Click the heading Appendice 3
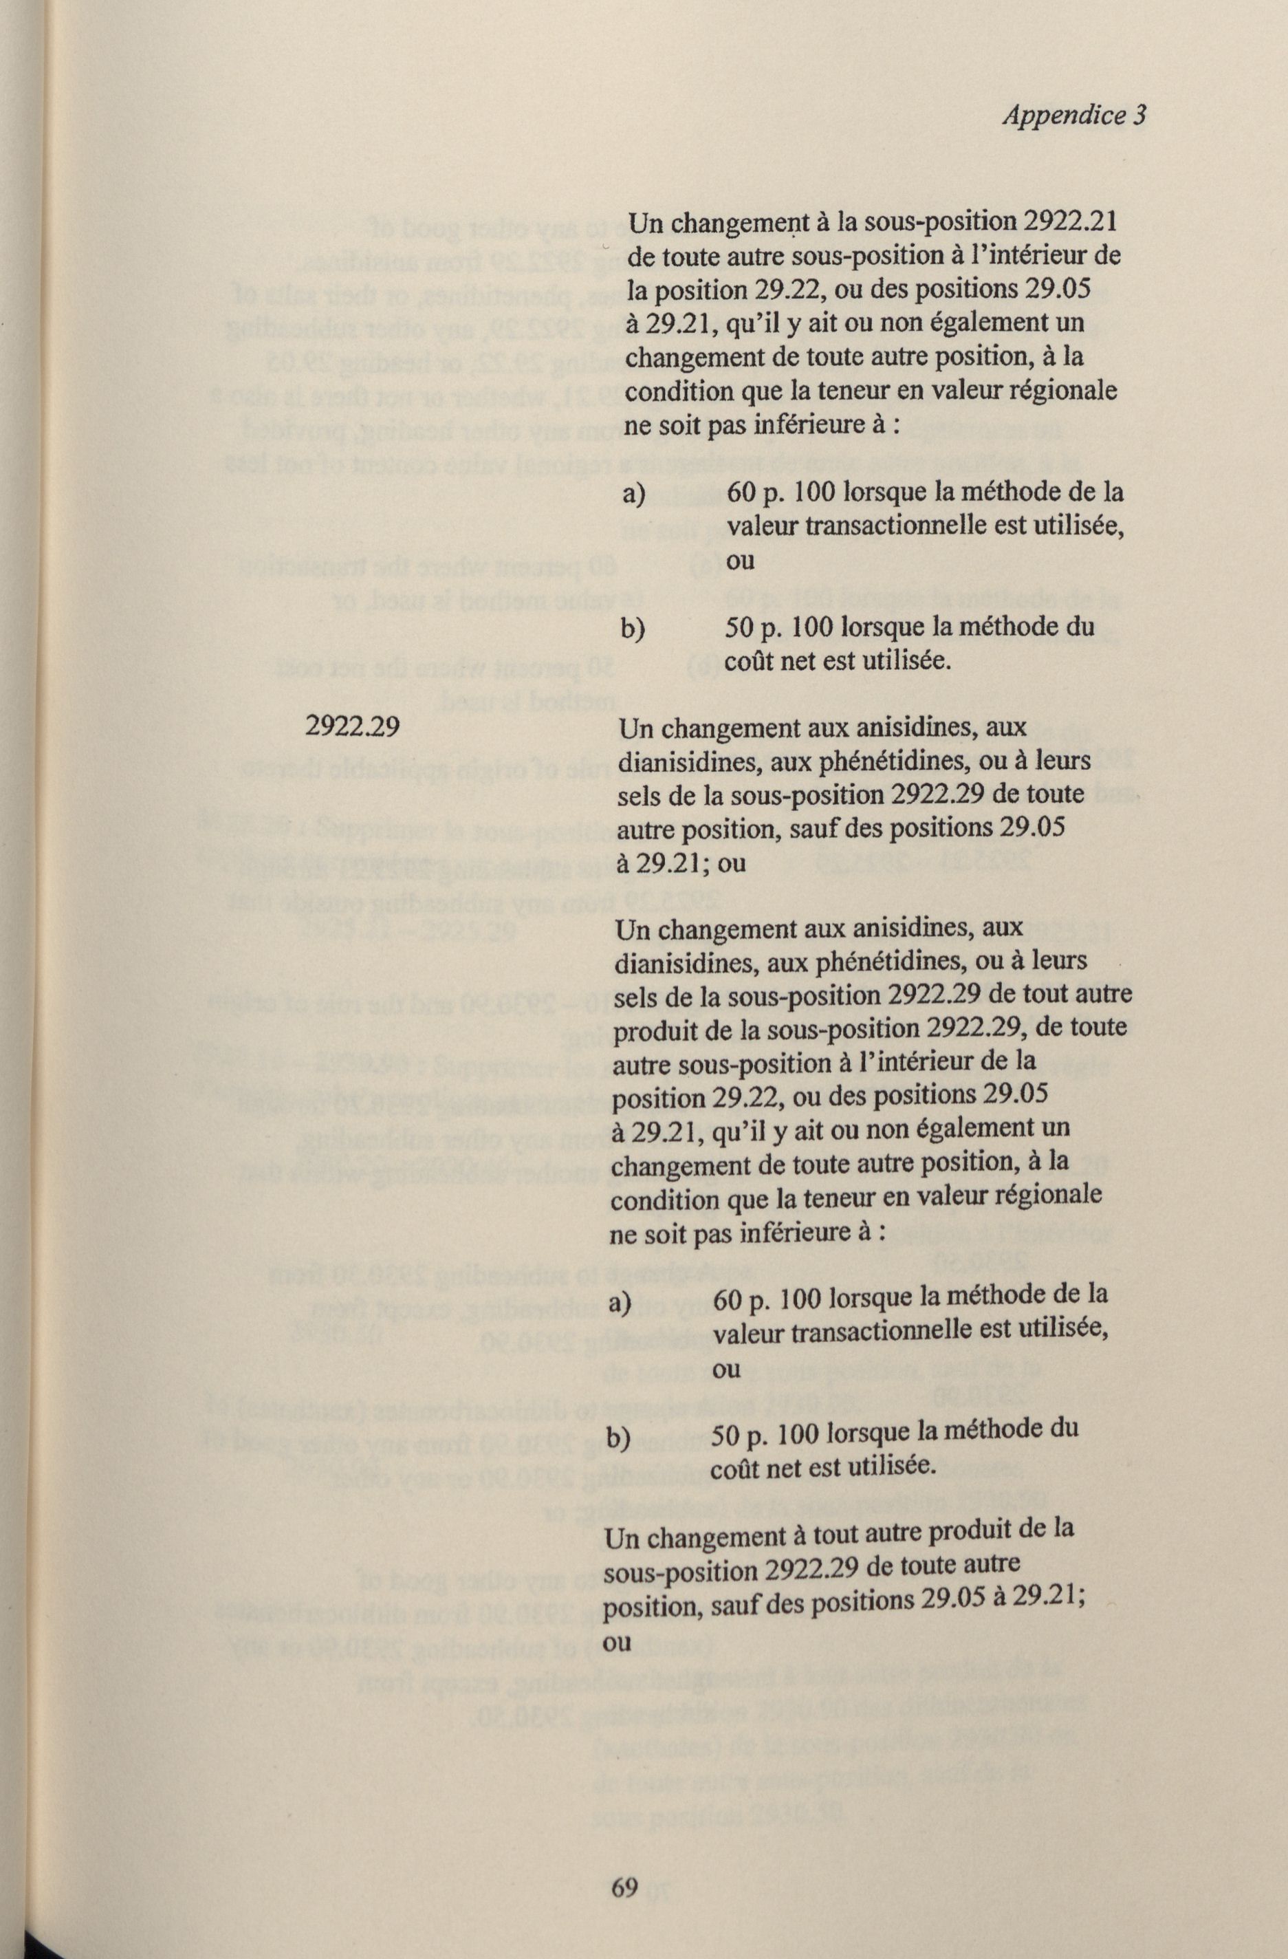pyautogui.click(x=1073, y=116)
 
